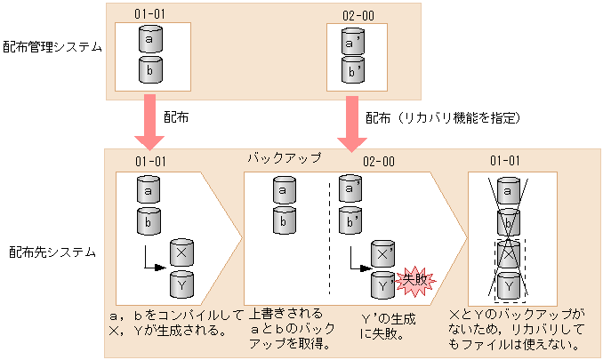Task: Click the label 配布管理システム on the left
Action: pyautogui.click(x=52, y=46)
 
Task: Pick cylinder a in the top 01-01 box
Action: pyautogui.click(x=150, y=41)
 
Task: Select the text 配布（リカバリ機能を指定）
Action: pyautogui.click(x=442, y=117)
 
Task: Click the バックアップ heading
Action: pyautogui.click(x=283, y=157)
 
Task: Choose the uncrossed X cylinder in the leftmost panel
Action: pyautogui.click(x=182, y=252)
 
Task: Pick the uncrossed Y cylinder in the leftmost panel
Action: pyautogui.click(x=182, y=285)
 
